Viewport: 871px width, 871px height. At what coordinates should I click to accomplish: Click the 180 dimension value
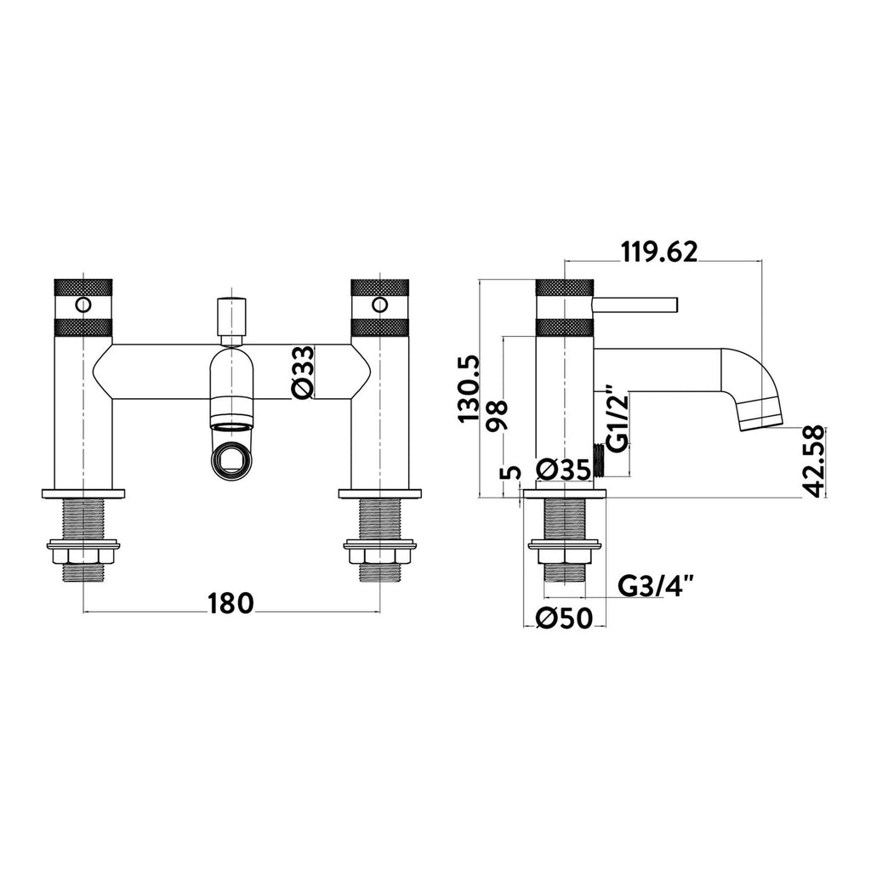tap(231, 604)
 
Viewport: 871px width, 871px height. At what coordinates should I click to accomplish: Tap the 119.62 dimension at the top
tap(659, 252)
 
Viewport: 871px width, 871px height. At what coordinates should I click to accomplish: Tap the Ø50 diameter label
tap(565, 618)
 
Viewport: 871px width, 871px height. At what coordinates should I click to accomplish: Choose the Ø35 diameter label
tap(565, 470)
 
